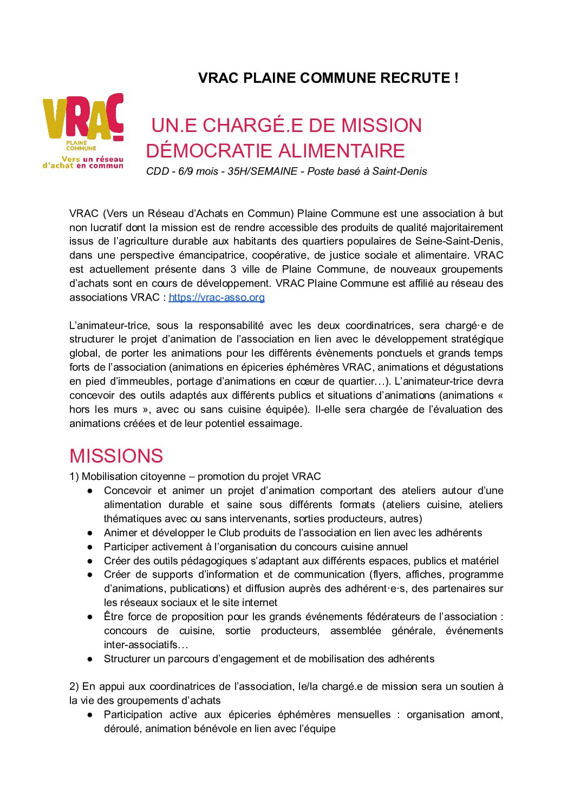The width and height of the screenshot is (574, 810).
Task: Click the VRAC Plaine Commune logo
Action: coord(83,131)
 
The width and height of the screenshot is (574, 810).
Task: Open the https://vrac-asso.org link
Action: coord(217,297)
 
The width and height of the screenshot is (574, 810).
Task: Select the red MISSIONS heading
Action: coord(116,456)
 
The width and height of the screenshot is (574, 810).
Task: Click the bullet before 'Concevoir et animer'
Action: coord(90,491)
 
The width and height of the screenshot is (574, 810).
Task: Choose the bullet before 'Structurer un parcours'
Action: coord(90,659)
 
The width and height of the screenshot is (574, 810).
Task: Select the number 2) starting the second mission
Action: coord(74,687)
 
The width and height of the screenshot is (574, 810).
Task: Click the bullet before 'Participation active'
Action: coord(90,715)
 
